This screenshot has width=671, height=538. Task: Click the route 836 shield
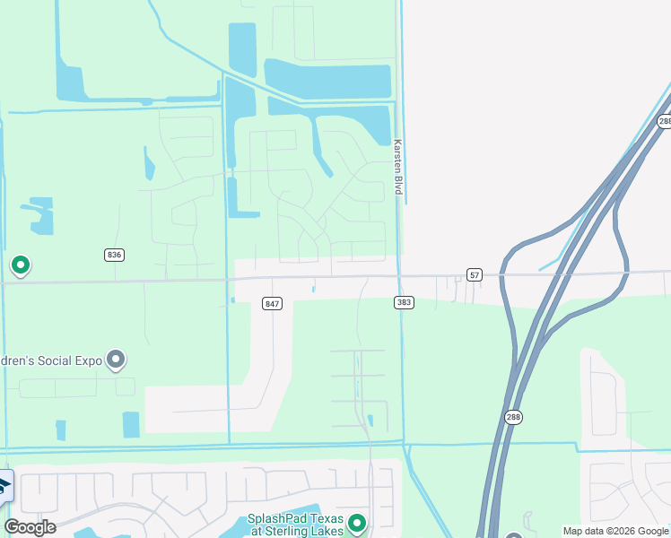113,255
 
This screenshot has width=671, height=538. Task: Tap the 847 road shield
273,304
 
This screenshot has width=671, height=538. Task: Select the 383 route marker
404,303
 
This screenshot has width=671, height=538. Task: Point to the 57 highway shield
475,273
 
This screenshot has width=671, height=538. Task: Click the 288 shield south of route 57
511,417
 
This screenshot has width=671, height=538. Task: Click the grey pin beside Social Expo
116,360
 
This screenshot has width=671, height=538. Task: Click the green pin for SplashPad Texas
357,522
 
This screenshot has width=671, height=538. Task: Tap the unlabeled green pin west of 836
20,265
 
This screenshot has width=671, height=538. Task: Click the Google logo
30,527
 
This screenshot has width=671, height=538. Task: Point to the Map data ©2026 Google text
615,531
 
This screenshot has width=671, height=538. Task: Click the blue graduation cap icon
4,486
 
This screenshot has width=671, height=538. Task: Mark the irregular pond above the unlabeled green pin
38,214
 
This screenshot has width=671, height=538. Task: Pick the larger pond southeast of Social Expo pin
131,424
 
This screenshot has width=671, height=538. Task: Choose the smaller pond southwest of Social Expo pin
61,430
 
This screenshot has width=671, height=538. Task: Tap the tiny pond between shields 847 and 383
313,288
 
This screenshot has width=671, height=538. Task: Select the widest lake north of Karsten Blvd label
328,80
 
